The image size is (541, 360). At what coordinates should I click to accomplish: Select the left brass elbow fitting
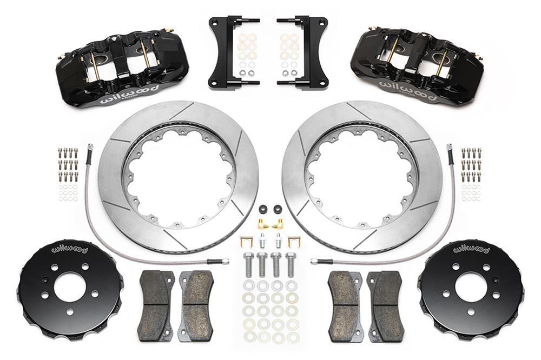click(x=261, y=222)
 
